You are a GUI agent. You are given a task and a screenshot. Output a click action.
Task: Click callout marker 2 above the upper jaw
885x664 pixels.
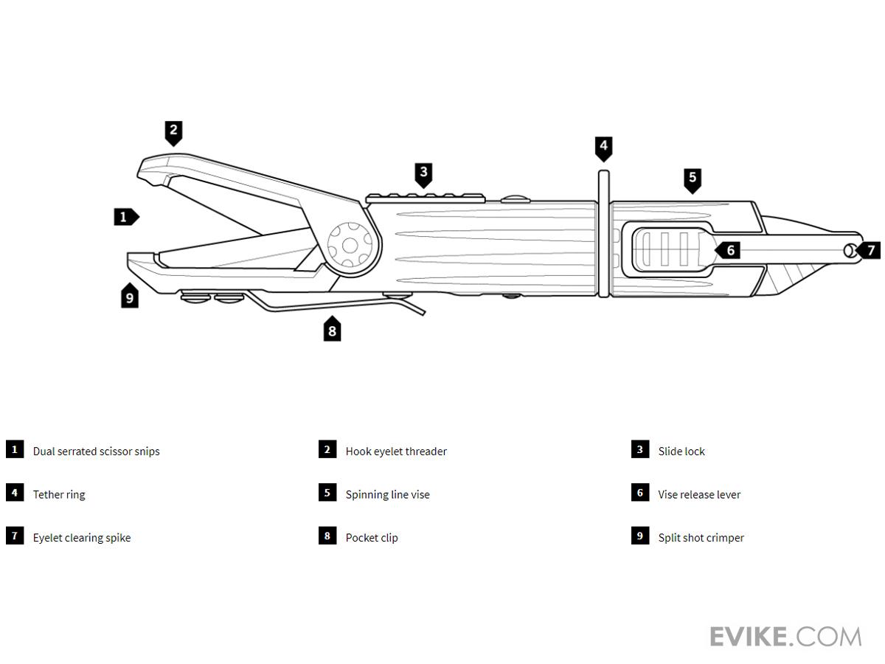coord(173,132)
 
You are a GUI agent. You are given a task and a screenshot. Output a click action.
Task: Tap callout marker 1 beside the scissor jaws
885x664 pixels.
coord(125,217)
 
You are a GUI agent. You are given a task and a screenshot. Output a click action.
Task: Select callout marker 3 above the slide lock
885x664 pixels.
coord(423,174)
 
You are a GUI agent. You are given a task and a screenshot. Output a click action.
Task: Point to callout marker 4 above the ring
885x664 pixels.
coord(603,146)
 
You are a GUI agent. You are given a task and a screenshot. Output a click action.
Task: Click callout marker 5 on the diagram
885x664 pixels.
coord(692,179)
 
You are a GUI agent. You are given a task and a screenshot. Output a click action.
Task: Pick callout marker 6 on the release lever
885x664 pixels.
coord(729,250)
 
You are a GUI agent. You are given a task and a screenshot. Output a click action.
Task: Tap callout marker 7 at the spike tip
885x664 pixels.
coord(870,250)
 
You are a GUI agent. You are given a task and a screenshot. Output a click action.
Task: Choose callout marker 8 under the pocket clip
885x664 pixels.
coord(332,330)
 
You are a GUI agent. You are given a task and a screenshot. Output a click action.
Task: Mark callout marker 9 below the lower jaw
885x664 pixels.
coord(130,297)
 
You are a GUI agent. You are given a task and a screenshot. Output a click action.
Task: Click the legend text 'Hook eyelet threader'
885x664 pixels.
coord(396,452)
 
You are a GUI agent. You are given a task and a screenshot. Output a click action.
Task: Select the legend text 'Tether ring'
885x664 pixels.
coord(59,494)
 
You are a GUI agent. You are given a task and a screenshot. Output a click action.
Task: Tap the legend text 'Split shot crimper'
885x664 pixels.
coord(701,538)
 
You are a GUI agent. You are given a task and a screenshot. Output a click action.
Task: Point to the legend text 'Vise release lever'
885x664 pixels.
coord(699,494)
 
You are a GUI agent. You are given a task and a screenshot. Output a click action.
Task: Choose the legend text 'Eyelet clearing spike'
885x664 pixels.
coord(82,538)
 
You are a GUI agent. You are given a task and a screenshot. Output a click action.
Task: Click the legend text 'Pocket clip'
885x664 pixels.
coord(372,538)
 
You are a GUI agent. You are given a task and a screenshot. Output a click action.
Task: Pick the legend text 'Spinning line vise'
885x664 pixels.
coord(387,494)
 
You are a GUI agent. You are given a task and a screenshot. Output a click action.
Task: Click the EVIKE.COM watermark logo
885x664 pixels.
coord(785,636)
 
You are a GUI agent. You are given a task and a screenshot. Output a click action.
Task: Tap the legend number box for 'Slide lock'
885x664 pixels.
coord(639,449)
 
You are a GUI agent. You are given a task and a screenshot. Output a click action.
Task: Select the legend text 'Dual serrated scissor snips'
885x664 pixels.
coord(96,452)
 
